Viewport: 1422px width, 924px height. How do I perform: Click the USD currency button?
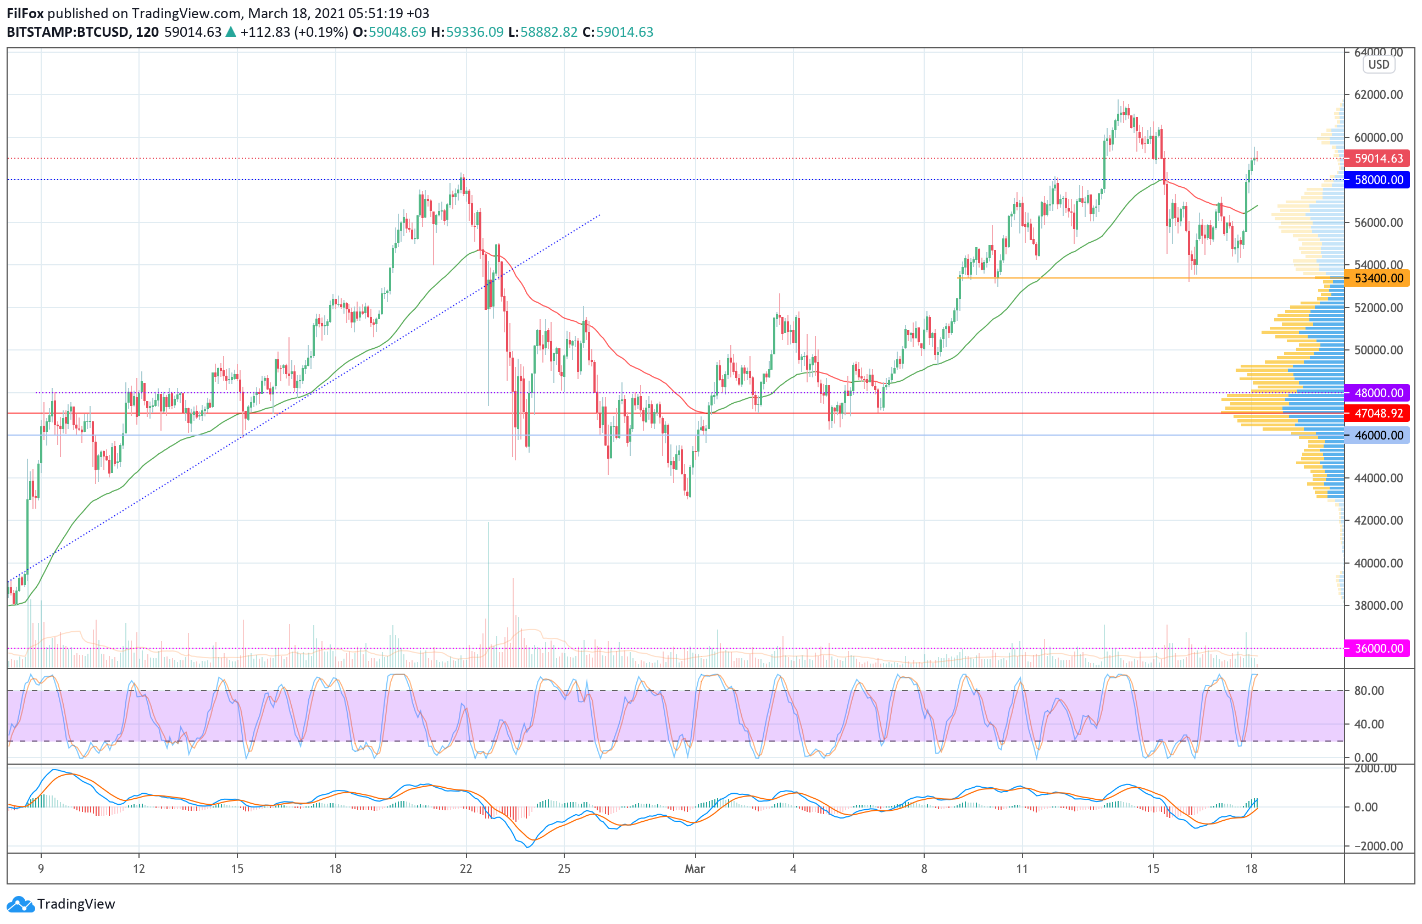(1379, 64)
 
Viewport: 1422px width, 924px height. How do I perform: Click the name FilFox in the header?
(25, 13)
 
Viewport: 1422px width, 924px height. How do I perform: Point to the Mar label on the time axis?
(695, 869)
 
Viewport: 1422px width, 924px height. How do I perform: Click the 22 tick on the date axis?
(466, 869)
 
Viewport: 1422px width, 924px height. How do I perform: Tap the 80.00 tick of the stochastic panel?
(1369, 691)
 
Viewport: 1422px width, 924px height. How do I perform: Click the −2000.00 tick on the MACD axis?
(1377, 847)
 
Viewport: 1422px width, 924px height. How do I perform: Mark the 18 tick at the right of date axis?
(1251, 869)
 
